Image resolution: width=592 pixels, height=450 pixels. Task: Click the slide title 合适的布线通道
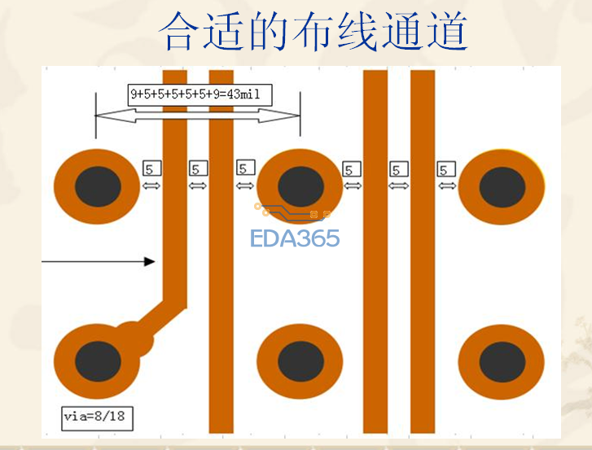pyautogui.click(x=314, y=31)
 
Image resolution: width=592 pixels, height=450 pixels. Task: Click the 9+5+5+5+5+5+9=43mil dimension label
pyautogui.click(x=200, y=94)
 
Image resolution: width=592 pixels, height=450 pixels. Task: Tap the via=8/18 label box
pyautogui.click(x=98, y=418)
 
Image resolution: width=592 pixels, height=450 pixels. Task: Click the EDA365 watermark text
pyautogui.click(x=295, y=238)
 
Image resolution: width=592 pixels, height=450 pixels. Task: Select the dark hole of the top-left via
pyautogui.click(x=98, y=186)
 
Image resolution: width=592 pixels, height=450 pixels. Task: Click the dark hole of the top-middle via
pyautogui.click(x=301, y=186)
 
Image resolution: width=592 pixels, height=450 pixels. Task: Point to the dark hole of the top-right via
pyautogui.click(x=502, y=187)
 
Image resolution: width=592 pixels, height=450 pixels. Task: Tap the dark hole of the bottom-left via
pyautogui.click(x=98, y=361)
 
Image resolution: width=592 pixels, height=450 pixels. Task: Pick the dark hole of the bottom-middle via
pyautogui.click(x=301, y=361)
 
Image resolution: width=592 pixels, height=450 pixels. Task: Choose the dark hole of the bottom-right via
pyautogui.click(x=502, y=362)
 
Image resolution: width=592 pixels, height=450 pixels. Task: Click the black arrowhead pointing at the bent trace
pyautogui.click(x=150, y=261)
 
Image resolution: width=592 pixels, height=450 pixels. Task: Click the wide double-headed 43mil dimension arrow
pyautogui.click(x=198, y=116)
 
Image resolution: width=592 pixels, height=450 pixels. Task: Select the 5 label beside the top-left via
pyautogui.click(x=151, y=168)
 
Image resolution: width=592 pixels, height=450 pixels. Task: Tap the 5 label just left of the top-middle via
pyautogui.click(x=246, y=168)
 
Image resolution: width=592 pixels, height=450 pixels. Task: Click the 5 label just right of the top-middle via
pyautogui.click(x=352, y=169)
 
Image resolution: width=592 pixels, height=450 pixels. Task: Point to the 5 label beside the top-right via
pyautogui.click(x=446, y=169)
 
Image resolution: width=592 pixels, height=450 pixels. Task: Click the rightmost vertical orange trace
pyautogui.click(x=423, y=251)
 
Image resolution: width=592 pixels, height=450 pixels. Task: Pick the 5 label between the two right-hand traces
pyautogui.click(x=399, y=169)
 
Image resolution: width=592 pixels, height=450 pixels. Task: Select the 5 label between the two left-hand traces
pyautogui.click(x=198, y=168)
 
